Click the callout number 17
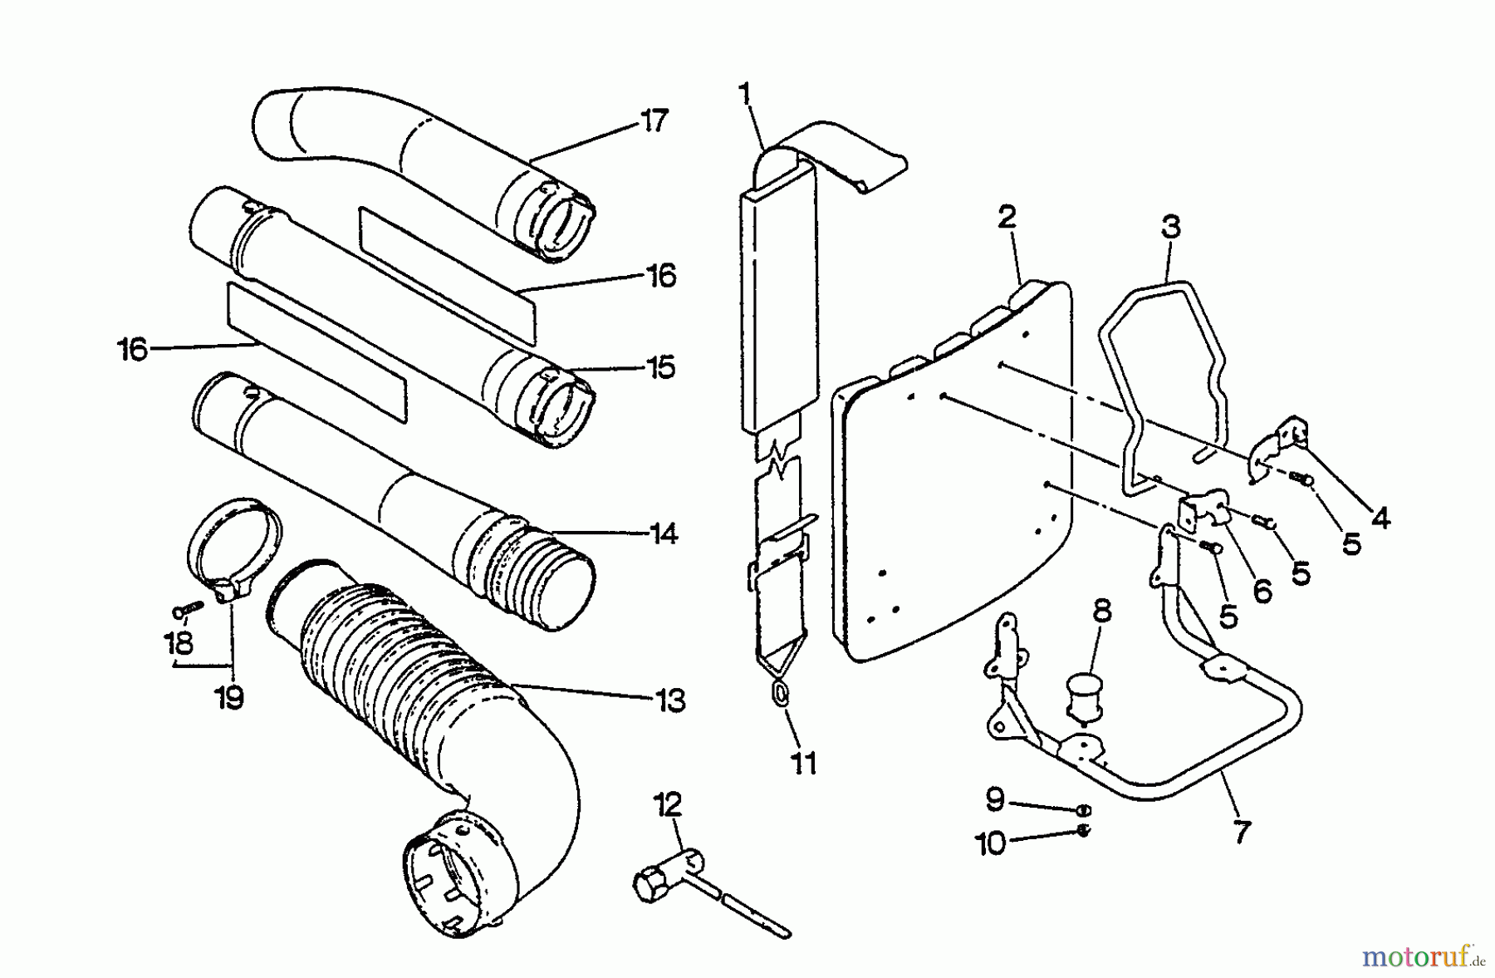[654, 121]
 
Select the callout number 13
[670, 700]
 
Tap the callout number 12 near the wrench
[667, 804]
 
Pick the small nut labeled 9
[1083, 810]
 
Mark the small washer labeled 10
[1083, 831]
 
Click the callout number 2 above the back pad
[1007, 218]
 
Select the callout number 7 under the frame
[1241, 832]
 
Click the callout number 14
[664, 533]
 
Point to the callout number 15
[661, 367]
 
